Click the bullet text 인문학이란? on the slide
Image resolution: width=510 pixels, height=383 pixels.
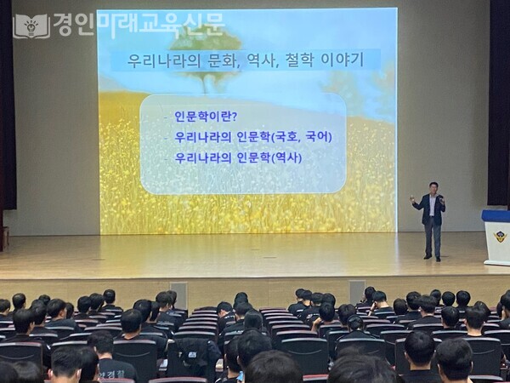point(206,116)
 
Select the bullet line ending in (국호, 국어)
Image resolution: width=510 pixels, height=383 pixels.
point(252,136)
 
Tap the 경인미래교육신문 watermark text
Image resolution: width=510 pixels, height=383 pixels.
point(139,24)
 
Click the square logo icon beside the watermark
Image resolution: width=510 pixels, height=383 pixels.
point(31,26)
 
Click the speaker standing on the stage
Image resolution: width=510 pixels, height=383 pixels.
point(433,220)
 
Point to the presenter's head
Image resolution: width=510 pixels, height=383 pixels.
point(433,187)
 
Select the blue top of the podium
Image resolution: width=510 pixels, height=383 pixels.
point(496,216)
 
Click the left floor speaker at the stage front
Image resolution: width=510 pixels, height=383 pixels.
point(178,292)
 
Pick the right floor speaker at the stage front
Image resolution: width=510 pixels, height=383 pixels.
point(356,291)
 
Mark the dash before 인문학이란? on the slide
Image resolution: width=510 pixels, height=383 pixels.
point(166,117)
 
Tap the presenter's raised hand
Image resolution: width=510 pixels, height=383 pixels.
point(413,200)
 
